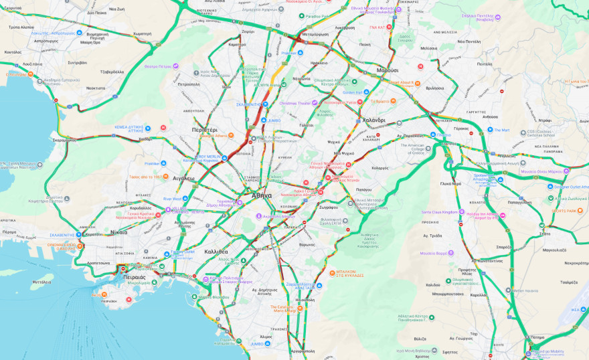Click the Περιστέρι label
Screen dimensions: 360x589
205,129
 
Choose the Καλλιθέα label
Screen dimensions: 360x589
217,252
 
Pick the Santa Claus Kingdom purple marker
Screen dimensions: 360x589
460,213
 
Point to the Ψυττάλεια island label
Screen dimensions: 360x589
41,282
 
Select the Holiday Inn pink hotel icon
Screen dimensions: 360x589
503,215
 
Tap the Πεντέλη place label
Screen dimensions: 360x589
483,64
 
